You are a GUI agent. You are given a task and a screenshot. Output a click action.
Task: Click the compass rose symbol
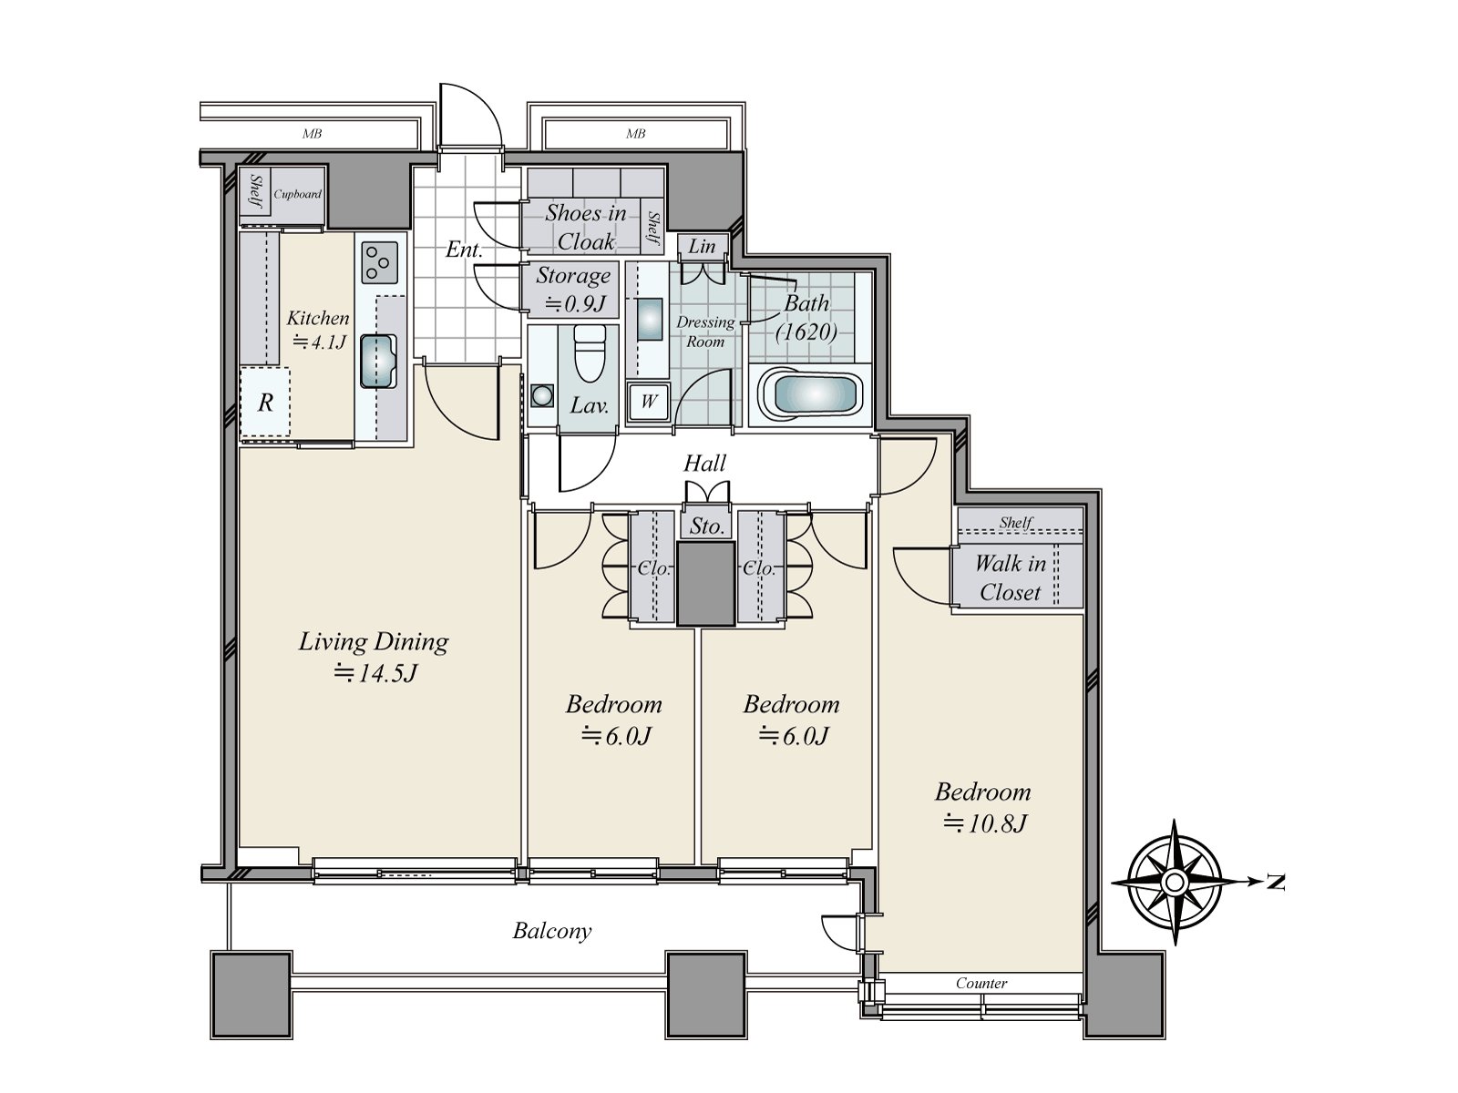coord(1175,882)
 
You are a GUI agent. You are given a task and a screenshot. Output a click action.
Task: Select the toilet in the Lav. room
coord(590,353)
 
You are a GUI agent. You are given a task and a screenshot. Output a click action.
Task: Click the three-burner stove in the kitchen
coord(379,262)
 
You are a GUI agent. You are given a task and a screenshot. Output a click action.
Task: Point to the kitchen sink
coord(378,361)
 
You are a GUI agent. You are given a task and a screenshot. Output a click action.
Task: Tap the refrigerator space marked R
coord(266,403)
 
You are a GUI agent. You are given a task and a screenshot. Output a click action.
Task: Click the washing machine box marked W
coord(648,401)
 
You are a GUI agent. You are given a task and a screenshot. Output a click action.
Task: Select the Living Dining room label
coord(374,657)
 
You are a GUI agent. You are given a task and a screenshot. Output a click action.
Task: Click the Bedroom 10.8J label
coord(983,807)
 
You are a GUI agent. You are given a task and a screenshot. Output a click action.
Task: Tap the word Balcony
coord(552,931)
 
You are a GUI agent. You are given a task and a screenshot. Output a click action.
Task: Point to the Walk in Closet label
coord(1010,577)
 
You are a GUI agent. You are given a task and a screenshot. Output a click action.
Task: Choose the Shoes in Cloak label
coord(586,227)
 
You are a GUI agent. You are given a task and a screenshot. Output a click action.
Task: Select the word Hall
coord(704,464)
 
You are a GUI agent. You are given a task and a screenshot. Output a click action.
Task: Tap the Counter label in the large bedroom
coord(981,983)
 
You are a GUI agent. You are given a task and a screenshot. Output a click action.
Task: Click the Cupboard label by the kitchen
coord(298,194)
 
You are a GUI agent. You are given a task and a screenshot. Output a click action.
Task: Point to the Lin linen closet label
coord(702,246)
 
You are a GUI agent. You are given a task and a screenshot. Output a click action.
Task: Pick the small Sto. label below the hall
coord(706,526)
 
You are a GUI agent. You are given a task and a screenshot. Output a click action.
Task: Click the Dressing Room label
coord(705,332)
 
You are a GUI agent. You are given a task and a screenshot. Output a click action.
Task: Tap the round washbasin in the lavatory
coord(542,395)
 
